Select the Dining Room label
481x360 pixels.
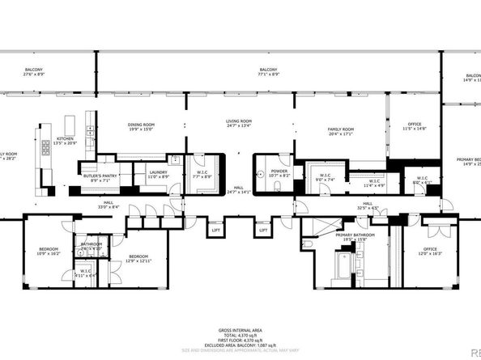point(141,125)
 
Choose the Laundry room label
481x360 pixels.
point(157,174)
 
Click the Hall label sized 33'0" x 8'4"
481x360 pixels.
point(108,205)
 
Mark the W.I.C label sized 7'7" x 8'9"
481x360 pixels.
point(201,173)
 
